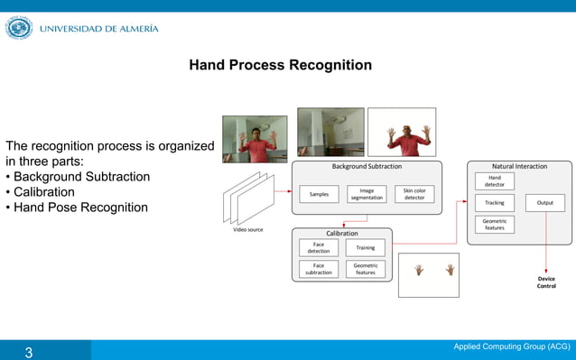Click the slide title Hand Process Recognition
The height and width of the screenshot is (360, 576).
tap(280, 66)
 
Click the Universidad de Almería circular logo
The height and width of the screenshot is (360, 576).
tap(18, 29)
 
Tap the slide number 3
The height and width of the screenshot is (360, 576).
tap(28, 352)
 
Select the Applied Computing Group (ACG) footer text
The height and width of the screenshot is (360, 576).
tap(511, 346)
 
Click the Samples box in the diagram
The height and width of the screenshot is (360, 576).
tap(319, 194)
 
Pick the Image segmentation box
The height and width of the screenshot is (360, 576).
tap(367, 194)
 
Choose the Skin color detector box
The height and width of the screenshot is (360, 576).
tap(414, 194)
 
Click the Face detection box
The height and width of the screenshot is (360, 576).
tap(319, 247)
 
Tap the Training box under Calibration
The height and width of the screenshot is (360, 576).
tap(366, 247)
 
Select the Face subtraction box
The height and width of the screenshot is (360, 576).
tap(319, 269)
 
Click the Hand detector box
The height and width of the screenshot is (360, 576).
tap(495, 181)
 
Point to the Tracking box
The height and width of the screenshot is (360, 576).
tap(495, 203)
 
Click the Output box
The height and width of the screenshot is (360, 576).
tap(544, 203)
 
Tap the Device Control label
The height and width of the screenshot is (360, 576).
tap(546, 282)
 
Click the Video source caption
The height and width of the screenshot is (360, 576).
tap(248, 229)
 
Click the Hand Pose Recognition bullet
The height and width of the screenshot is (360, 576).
tap(80, 208)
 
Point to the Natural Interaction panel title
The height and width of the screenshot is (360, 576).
tap(519, 166)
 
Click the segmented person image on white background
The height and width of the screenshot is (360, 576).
tap(402, 133)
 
